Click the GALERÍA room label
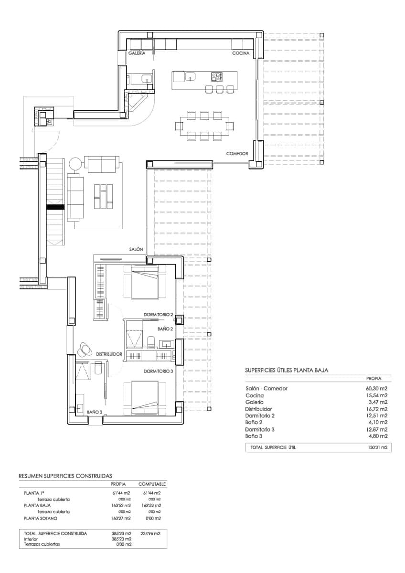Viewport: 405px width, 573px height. tap(137, 54)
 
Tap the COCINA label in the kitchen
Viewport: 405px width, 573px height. tap(241, 53)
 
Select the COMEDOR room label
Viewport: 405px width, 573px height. tap(237, 154)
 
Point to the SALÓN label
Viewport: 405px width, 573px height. tap(136, 249)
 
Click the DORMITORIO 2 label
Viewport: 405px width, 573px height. tap(158, 315)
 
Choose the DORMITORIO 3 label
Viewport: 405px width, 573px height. tap(158, 371)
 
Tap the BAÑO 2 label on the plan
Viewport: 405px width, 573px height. tap(165, 329)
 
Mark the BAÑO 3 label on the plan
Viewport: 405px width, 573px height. tap(95, 412)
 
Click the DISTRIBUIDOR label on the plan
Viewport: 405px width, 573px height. tap(109, 354)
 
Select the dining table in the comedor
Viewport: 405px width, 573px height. tap(204, 126)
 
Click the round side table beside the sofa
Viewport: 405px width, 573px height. tap(76, 164)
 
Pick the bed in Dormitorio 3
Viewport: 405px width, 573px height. tap(145, 399)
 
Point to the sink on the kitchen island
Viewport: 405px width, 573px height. tap(191, 76)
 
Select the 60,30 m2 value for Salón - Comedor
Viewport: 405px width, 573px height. tap(376, 388)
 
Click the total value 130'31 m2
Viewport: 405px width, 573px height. tap(376, 448)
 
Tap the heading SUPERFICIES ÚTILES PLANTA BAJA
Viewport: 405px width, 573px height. tap(287, 370)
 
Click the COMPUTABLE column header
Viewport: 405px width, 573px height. tap(152, 484)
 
